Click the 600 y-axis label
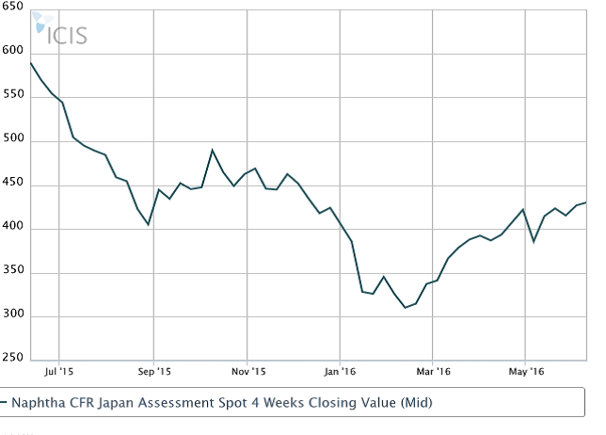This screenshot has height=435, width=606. (14, 53)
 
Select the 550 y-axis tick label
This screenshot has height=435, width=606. (14, 97)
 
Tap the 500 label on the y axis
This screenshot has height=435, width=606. (14, 141)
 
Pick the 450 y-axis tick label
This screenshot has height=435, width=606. (14, 185)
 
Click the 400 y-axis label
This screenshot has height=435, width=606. (14, 229)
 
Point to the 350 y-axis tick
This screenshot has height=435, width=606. (14, 273)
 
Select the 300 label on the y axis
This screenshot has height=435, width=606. (14, 317)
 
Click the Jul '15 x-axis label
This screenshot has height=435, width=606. (58, 371)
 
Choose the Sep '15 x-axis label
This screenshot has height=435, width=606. (154, 371)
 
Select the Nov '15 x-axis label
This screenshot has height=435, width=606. (247, 371)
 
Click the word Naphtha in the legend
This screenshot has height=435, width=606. (39, 403)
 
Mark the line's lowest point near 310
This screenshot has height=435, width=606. (406, 308)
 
